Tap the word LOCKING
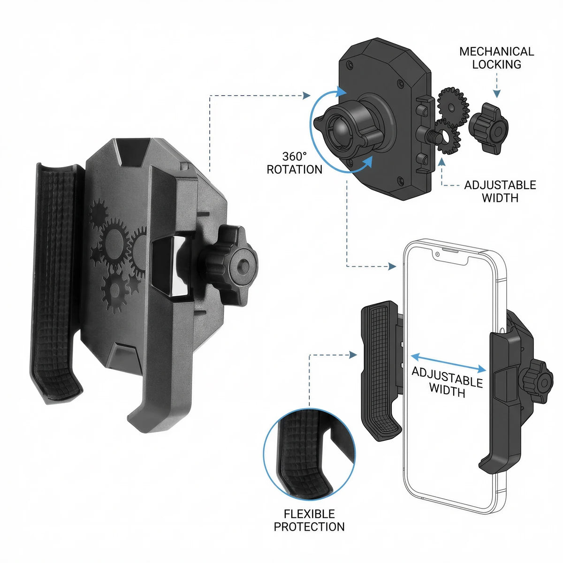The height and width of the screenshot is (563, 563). click(497, 65)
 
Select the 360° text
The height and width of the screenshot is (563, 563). click(295, 156)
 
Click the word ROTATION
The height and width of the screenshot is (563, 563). click(295, 169)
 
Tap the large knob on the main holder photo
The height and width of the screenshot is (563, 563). click(231, 265)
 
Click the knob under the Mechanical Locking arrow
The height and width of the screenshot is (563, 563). click(488, 128)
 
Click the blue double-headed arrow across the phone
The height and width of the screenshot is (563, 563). click(449, 363)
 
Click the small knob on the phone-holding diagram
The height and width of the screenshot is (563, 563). click(538, 381)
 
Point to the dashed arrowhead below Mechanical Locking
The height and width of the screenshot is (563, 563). click(497, 93)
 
